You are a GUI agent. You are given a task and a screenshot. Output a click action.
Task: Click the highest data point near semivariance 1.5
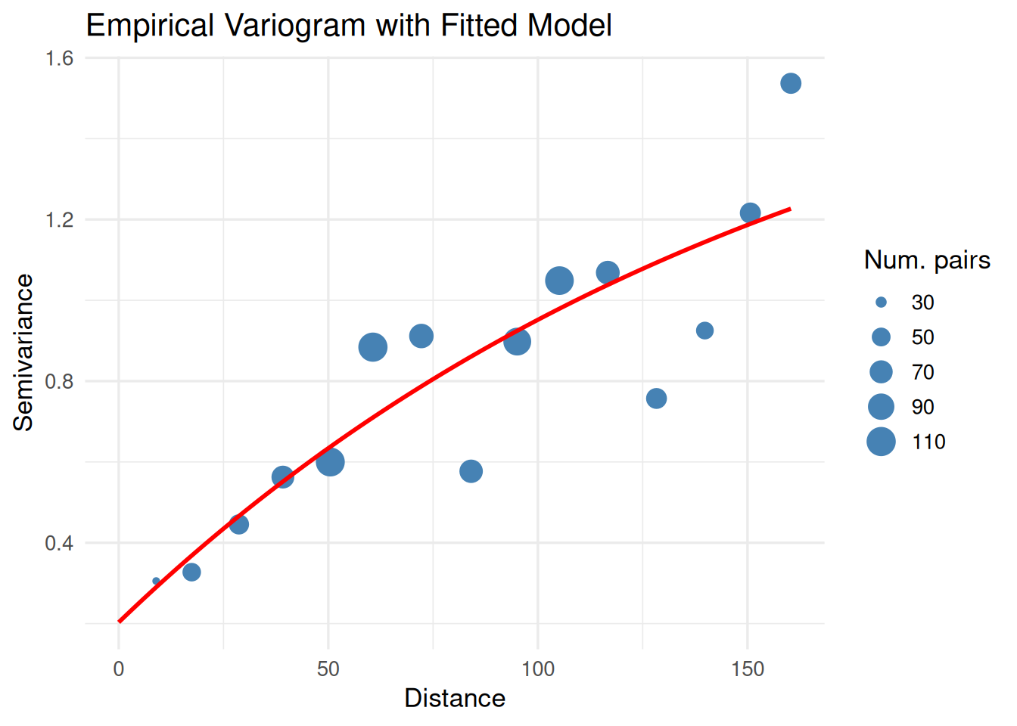coord(791,83)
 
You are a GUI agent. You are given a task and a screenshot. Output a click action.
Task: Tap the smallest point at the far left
coord(156,581)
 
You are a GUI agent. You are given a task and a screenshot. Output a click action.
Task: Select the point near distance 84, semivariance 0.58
coord(471,471)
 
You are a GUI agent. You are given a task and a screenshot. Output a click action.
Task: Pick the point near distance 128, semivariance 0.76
coord(656,398)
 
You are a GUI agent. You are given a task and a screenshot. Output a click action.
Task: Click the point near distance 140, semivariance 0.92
coord(704,330)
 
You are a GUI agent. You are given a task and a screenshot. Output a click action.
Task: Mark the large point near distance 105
coord(559,281)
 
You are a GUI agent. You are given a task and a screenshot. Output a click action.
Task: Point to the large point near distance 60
coord(372,347)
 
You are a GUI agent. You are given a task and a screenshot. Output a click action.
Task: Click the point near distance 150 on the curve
coord(750,213)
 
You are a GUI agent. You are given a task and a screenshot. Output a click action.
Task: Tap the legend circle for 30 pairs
coord(881,302)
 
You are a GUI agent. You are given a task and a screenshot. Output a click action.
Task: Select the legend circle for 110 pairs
coord(881,442)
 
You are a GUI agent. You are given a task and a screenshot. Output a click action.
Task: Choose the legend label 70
coord(922,372)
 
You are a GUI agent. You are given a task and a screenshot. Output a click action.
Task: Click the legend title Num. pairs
coord(927,260)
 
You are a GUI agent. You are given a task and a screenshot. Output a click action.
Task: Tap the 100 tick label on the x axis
coord(538,669)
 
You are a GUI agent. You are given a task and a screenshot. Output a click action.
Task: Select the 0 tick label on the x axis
coord(119,669)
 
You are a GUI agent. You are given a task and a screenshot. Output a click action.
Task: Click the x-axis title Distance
coord(455,698)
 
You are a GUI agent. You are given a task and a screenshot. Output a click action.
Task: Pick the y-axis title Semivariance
coord(23,352)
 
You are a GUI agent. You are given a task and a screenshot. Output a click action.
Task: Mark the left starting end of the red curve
coord(120,622)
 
